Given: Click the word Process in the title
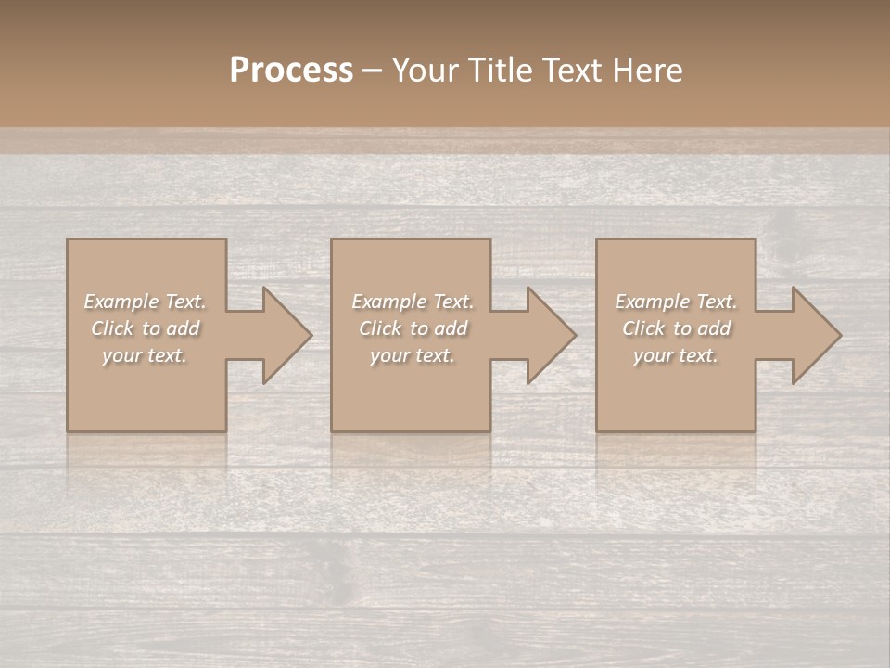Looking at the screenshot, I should [291, 71].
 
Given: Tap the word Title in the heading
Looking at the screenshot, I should [501, 71].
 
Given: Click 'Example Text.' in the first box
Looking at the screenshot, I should [146, 302].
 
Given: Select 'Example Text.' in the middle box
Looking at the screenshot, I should [413, 302].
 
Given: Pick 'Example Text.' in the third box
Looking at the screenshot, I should [676, 302].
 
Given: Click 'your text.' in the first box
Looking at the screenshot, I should [145, 355].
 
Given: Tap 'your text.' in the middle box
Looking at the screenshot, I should [412, 355].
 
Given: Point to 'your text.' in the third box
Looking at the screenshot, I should [676, 355].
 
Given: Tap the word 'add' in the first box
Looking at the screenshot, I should [184, 328].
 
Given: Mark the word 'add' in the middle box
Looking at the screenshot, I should [451, 328].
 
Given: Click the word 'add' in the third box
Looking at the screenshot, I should [715, 328].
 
